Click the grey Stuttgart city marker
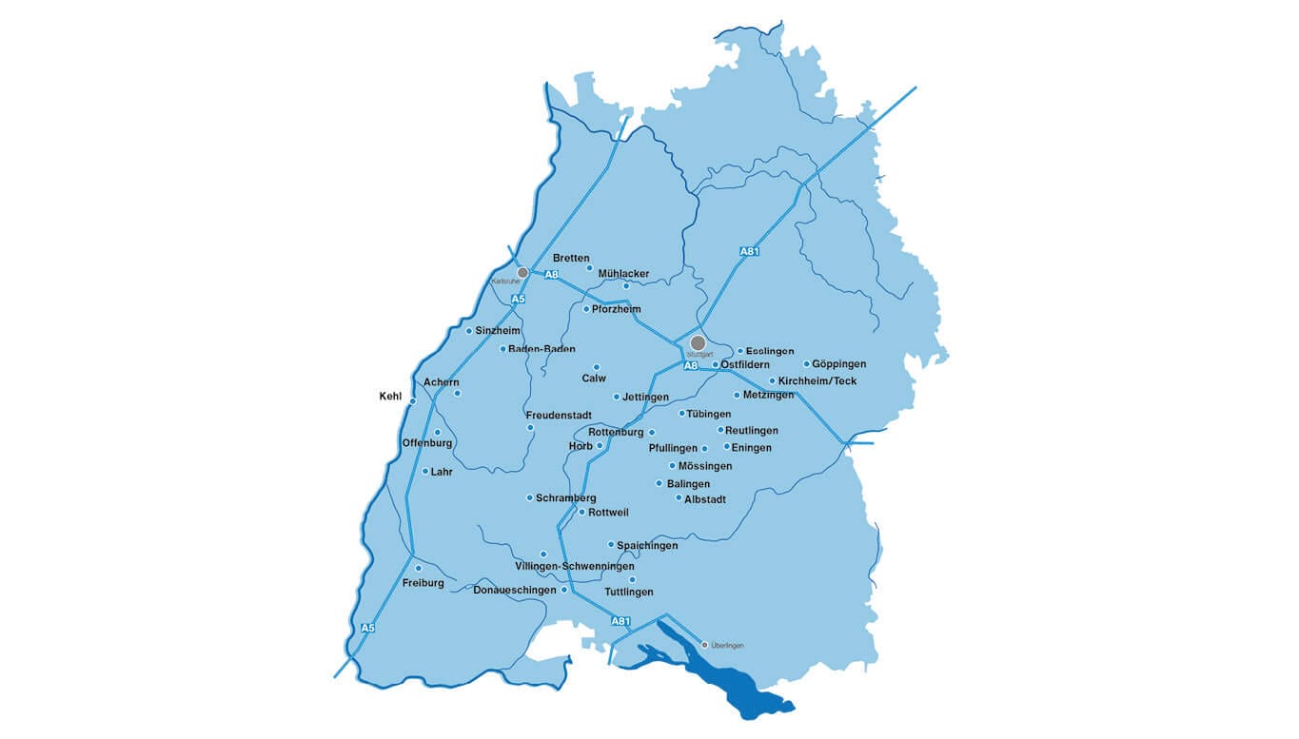pyautogui.click(x=698, y=342)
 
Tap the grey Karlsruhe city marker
pyautogui.click(x=522, y=273)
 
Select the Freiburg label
pyautogui.click(x=423, y=583)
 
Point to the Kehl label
pyautogui.click(x=390, y=396)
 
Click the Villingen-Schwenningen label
pyautogui.click(x=574, y=566)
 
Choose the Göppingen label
pyautogui.click(x=838, y=364)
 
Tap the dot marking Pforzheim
pyautogui.click(x=586, y=309)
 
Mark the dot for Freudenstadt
pyautogui.click(x=530, y=427)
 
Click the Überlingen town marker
pyautogui.click(x=704, y=644)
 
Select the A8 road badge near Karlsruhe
pyautogui.click(x=551, y=275)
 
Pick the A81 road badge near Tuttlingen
pyautogui.click(x=620, y=621)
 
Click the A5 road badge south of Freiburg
pyautogui.click(x=368, y=628)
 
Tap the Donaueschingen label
pyautogui.click(x=514, y=590)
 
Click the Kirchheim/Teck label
pyautogui.click(x=817, y=381)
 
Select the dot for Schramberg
pyautogui.click(x=529, y=497)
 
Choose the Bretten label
pyautogui.click(x=571, y=258)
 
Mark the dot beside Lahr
pyautogui.click(x=424, y=471)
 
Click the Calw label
pyautogui.click(x=594, y=379)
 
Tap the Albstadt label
pyautogui.click(x=705, y=498)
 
